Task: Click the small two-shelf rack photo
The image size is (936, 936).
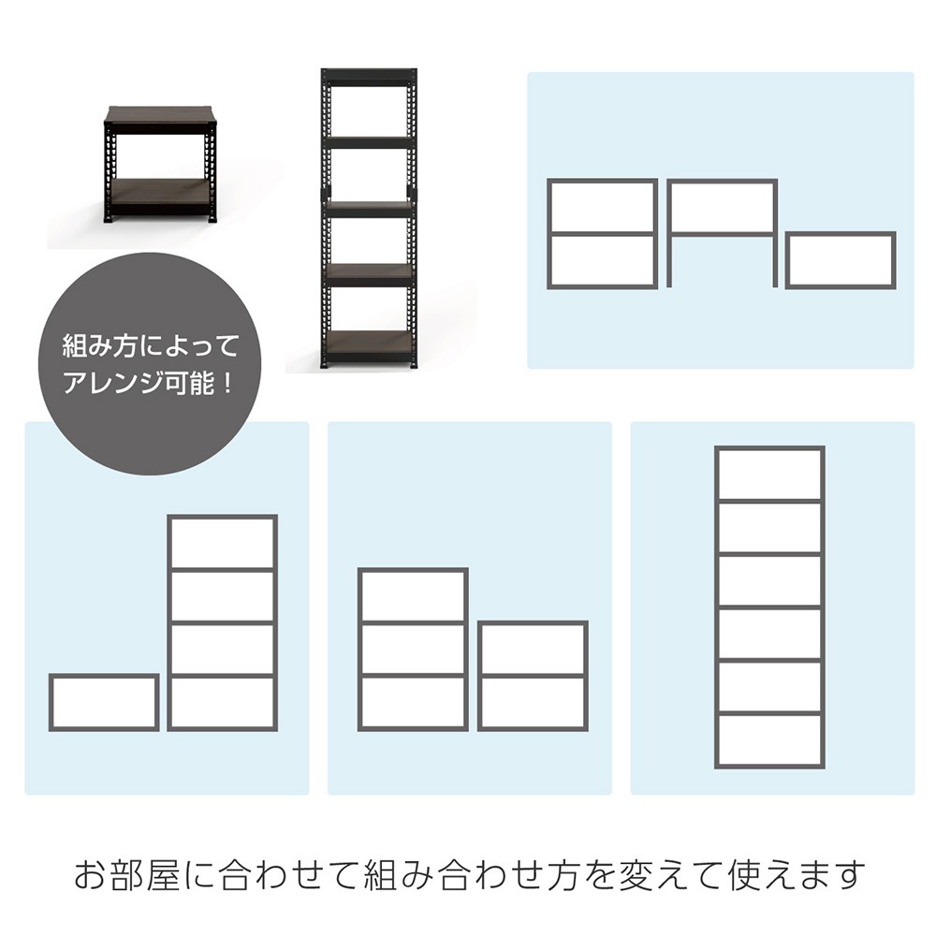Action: tap(159, 166)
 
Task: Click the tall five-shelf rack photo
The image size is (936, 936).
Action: tap(369, 219)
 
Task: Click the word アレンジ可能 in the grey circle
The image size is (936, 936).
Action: tap(148, 382)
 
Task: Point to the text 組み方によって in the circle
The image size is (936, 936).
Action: tap(150, 347)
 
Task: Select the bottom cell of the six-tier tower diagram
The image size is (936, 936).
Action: tap(769, 740)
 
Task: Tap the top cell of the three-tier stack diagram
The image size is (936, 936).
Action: tap(413, 596)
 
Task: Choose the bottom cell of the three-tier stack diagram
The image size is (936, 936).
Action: tap(413, 703)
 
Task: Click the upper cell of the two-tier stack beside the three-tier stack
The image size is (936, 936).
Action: tap(533, 650)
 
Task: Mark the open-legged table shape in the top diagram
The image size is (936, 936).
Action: tap(722, 182)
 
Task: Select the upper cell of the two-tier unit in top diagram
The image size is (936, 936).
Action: tap(602, 207)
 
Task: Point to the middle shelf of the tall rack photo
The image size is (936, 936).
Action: tap(369, 209)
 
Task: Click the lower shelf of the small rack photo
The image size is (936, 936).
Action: tap(159, 191)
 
